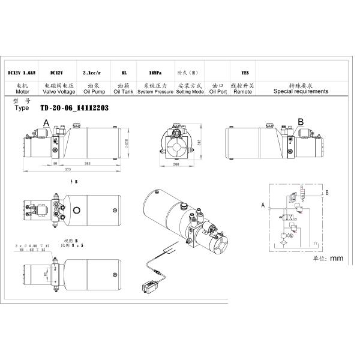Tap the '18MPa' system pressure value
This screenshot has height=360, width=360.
[153, 73]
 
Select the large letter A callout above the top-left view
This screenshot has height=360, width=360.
[46, 122]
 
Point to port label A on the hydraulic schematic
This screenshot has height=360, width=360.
[263, 205]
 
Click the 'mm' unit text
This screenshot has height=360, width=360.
[337, 259]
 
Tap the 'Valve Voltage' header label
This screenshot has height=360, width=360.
[58, 92]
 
